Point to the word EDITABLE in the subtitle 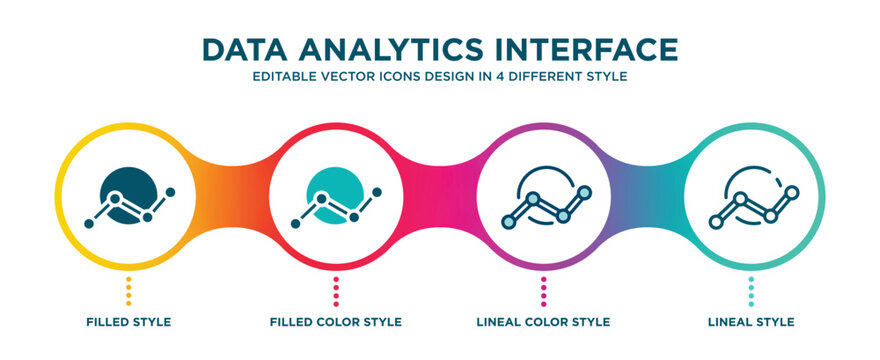click(x=283, y=78)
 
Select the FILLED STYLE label click(x=129, y=322)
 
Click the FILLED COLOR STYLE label click(x=336, y=322)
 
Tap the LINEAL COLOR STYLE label click(x=543, y=322)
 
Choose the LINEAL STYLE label click(x=750, y=322)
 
